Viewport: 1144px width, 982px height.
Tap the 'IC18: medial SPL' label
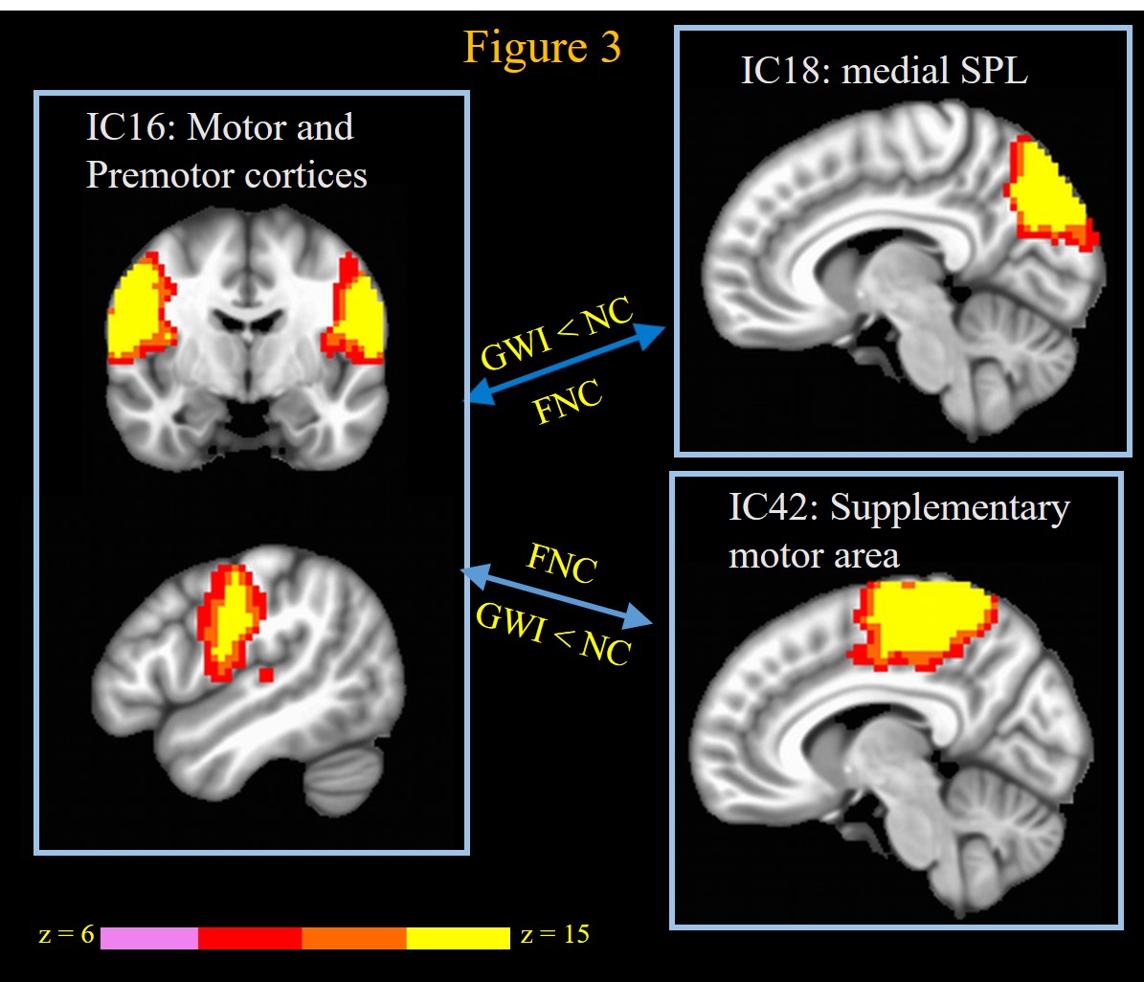(x=884, y=71)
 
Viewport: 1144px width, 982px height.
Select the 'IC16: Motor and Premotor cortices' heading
(x=226, y=151)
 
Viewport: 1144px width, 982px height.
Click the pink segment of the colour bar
(x=148, y=937)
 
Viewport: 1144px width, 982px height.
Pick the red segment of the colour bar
(x=250, y=937)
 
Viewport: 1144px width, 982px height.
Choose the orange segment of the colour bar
(x=354, y=937)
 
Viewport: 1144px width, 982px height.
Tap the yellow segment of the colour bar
(x=458, y=937)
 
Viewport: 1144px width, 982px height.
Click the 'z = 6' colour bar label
(x=63, y=935)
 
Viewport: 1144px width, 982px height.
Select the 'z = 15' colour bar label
(x=555, y=935)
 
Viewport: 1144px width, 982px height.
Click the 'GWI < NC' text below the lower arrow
(x=552, y=636)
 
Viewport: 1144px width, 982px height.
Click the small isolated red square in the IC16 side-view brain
(x=266, y=675)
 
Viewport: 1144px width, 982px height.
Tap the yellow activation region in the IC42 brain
(x=924, y=620)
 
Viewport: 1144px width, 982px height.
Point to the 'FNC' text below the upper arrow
(x=569, y=405)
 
